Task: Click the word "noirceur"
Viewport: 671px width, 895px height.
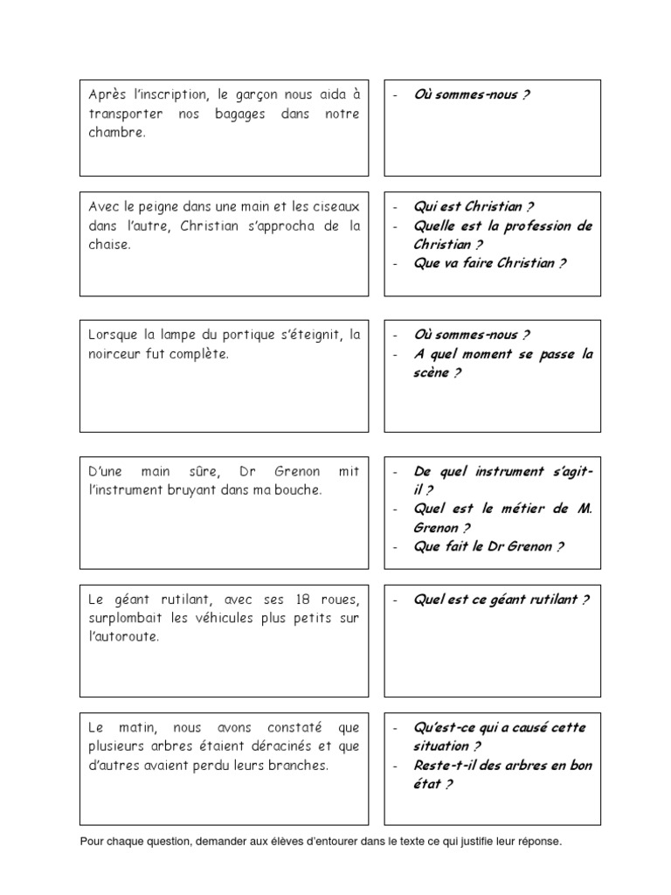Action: click(114, 354)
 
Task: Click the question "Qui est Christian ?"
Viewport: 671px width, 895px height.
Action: click(474, 207)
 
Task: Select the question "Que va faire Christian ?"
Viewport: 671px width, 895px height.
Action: click(489, 263)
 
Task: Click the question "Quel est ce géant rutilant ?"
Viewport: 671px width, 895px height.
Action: click(502, 600)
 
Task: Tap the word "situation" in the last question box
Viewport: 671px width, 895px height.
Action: click(442, 746)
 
